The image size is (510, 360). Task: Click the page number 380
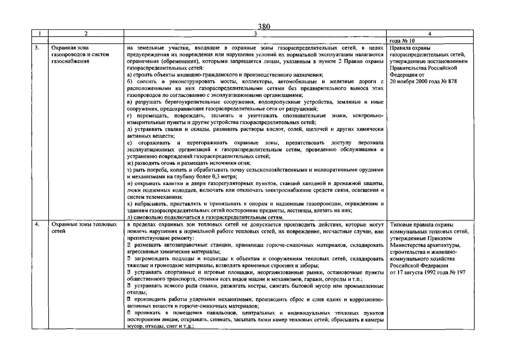pos(264,26)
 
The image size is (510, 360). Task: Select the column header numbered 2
pos(86,34)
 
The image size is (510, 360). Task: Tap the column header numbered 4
pos(430,34)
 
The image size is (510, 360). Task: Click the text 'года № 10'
pos(402,41)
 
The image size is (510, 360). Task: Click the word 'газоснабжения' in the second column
pos(70,61)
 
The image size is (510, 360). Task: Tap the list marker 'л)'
pos(130,217)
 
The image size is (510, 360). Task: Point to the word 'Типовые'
pos(401,225)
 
